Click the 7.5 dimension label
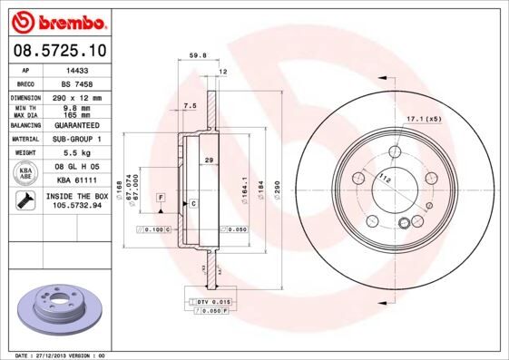(190, 106)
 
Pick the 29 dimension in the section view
(209, 160)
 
